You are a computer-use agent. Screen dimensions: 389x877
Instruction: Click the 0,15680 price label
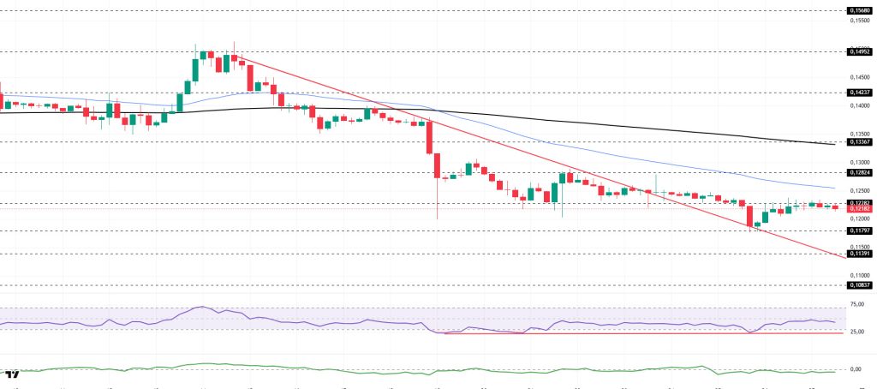(x=859, y=10)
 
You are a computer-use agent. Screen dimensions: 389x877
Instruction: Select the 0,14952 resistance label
(x=859, y=51)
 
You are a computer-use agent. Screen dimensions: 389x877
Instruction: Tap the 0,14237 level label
(x=859, y=92)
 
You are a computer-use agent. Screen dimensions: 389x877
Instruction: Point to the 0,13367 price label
(x=859, y=142)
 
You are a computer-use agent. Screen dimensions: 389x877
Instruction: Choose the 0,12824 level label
(x=859, y=172)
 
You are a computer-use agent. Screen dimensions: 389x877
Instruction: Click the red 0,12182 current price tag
(x=859, y=209)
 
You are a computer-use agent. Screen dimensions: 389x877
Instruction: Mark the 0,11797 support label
(x=859, y=230)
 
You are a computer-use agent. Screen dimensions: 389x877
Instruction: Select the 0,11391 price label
(x=859, y=254)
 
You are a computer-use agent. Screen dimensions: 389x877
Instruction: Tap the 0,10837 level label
(x=859, y=284)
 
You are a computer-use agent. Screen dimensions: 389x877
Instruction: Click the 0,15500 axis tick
(x=859, y=21)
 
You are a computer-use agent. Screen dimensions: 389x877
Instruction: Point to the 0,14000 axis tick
(x=859, y=105)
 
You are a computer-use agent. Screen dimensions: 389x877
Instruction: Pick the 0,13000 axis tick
(x=859, y=162)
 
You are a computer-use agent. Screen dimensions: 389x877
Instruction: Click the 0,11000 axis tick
(x=859, y=275)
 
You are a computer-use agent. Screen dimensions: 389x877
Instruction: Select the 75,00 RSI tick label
(x=856, y=304)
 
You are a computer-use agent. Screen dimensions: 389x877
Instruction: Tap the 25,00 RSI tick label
(x=856, y=331)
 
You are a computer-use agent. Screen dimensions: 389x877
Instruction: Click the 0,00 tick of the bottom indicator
(x=856, y=369)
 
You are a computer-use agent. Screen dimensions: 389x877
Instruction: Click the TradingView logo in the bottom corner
(x=12, y=375)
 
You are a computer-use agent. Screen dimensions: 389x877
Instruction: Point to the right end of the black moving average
(x=835, y=144)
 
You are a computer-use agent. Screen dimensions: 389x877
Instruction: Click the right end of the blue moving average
(x=835, y=188)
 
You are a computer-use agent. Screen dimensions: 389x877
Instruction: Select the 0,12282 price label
(x=859, y=203)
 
